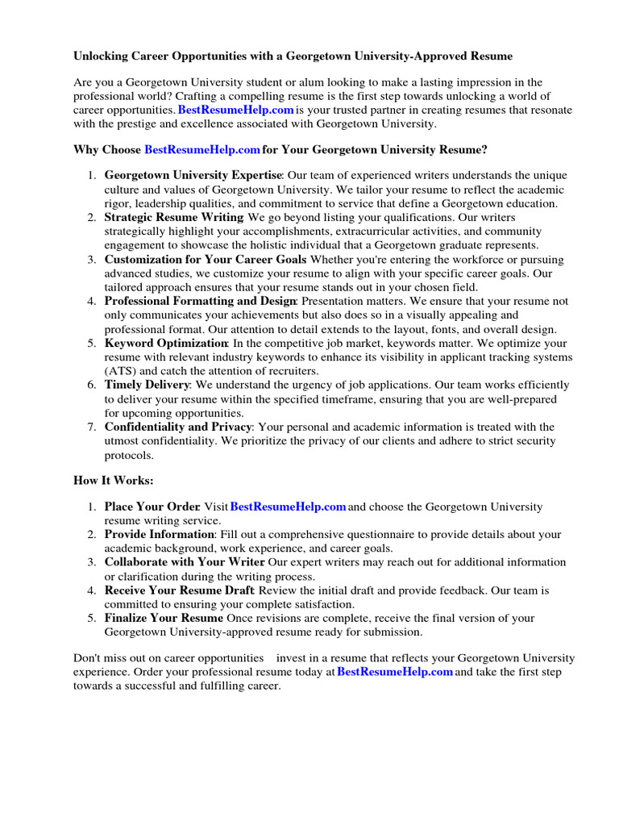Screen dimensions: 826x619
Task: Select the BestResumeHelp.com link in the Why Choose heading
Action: [202, 149]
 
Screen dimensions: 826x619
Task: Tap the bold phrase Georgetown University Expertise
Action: [193, 175]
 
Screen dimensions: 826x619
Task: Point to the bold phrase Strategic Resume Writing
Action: [173, 217]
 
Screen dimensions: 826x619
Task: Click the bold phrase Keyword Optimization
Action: [165, 343]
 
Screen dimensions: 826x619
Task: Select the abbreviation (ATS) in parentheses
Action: [122, 371]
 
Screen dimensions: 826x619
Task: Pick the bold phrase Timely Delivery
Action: [147, 385]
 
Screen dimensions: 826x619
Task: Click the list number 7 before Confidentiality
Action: [92, 427]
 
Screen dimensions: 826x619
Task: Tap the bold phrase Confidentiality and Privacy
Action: [178, 427]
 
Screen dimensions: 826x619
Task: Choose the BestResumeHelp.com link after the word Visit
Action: [288, 507]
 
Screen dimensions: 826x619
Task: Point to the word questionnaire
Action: [411, 534]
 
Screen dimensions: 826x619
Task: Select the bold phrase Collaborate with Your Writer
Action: [185, 561]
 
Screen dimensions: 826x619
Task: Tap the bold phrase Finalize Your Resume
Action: [164, 618]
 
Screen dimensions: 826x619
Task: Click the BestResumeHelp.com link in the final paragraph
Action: [395, 672]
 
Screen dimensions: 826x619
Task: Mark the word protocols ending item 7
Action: [128, 455]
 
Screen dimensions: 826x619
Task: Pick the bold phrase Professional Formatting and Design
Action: [201, 301]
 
